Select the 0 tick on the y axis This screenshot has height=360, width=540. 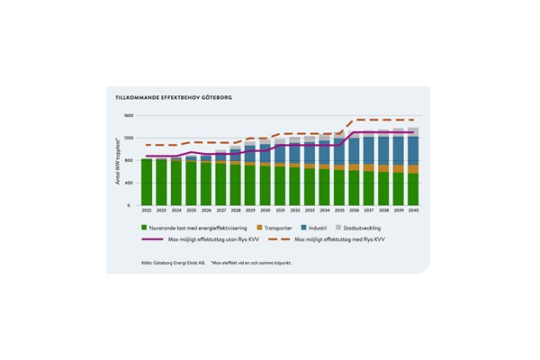tap(130, 205)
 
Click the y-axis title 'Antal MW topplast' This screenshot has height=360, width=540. tap(117, 163)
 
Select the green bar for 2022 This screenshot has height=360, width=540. tap(146, 182)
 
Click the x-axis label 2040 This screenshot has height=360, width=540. tap(412, 211)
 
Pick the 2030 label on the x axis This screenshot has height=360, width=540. tap(265, 211)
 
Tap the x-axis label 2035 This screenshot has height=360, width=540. tap(338, 211)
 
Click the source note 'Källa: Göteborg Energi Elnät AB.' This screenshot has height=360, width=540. tap(173, 263)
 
